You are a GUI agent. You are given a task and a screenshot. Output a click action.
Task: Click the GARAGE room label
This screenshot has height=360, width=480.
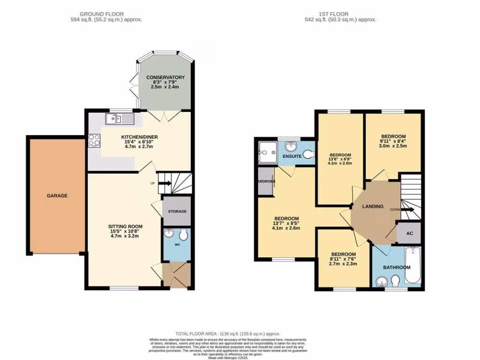point(57,195)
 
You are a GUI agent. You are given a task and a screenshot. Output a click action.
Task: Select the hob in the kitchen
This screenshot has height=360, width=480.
point(94,140)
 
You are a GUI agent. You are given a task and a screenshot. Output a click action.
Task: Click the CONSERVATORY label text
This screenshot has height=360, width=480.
point(165,77)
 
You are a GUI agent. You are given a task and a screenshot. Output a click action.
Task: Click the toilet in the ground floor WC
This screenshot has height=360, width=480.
point(183,235)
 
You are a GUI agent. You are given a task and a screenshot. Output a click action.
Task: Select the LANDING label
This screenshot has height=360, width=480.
point(373,206)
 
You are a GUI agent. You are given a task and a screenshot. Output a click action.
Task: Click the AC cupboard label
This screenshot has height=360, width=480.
point(409,233)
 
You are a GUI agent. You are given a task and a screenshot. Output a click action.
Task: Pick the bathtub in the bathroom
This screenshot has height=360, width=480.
point(413,267)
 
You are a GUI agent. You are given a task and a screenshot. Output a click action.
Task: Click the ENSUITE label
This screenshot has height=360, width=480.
point(292,156)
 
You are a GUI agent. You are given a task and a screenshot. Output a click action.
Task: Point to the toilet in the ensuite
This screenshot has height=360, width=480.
point(307,154)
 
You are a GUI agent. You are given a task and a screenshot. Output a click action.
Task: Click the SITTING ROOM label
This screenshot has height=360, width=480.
point(124,226)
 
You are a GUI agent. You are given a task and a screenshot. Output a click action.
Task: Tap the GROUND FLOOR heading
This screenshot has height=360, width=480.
point(102,14)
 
